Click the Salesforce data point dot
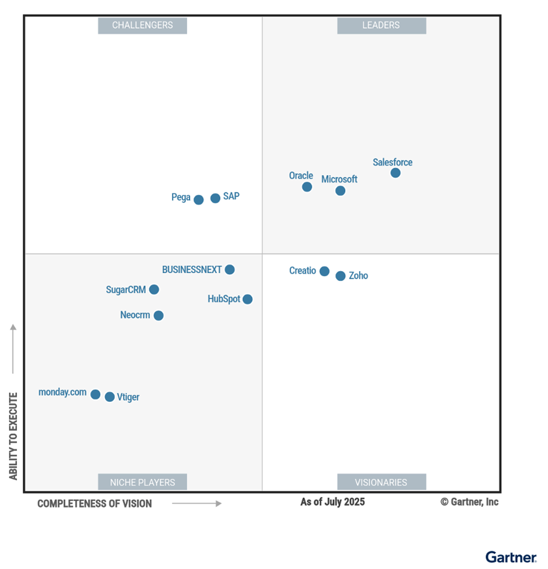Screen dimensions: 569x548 (396, 173)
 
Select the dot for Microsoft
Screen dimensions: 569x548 (340, 191)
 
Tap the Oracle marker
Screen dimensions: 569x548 (307, 187)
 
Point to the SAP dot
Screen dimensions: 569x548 (215, 198)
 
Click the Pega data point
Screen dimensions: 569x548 (199, 199)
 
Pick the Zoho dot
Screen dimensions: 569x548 (340, 276)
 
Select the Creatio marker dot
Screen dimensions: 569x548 (324, 271)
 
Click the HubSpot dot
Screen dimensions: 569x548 (247, 299)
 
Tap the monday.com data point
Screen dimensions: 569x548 (95, 395)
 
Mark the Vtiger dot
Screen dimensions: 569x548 (109, 397)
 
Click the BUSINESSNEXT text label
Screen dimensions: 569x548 (191, 270)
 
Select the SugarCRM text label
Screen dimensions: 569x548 (126, 290)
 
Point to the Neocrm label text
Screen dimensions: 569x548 (135, 316)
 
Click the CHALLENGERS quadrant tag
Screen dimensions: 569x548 (142, 26)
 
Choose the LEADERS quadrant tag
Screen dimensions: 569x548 (381, 26)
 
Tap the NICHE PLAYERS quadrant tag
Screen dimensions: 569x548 (142, 482)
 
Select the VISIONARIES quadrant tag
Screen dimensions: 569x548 (381, 482)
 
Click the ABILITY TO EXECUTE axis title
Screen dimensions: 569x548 (13, 436)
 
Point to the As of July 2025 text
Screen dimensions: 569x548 (332, 502)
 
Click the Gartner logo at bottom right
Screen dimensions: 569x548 (510, 557)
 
